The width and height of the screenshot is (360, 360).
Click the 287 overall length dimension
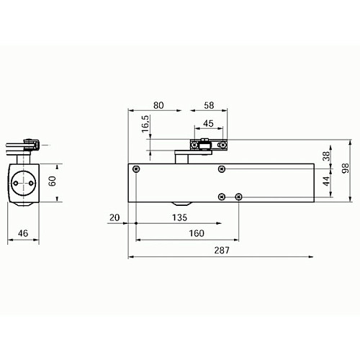point(222,249)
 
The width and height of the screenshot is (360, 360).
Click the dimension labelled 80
point(159,104)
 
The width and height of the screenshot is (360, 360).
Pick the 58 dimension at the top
point(209,104)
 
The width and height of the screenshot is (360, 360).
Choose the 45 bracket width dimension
point(208,122)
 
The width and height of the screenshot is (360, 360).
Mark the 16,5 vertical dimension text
point(145,124)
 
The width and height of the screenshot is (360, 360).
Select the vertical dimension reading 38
point(325,155)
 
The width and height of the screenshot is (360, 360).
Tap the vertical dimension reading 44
point(325,181)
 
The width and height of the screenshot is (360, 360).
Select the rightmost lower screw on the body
point(239,197)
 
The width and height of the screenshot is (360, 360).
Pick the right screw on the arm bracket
point(222,145)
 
